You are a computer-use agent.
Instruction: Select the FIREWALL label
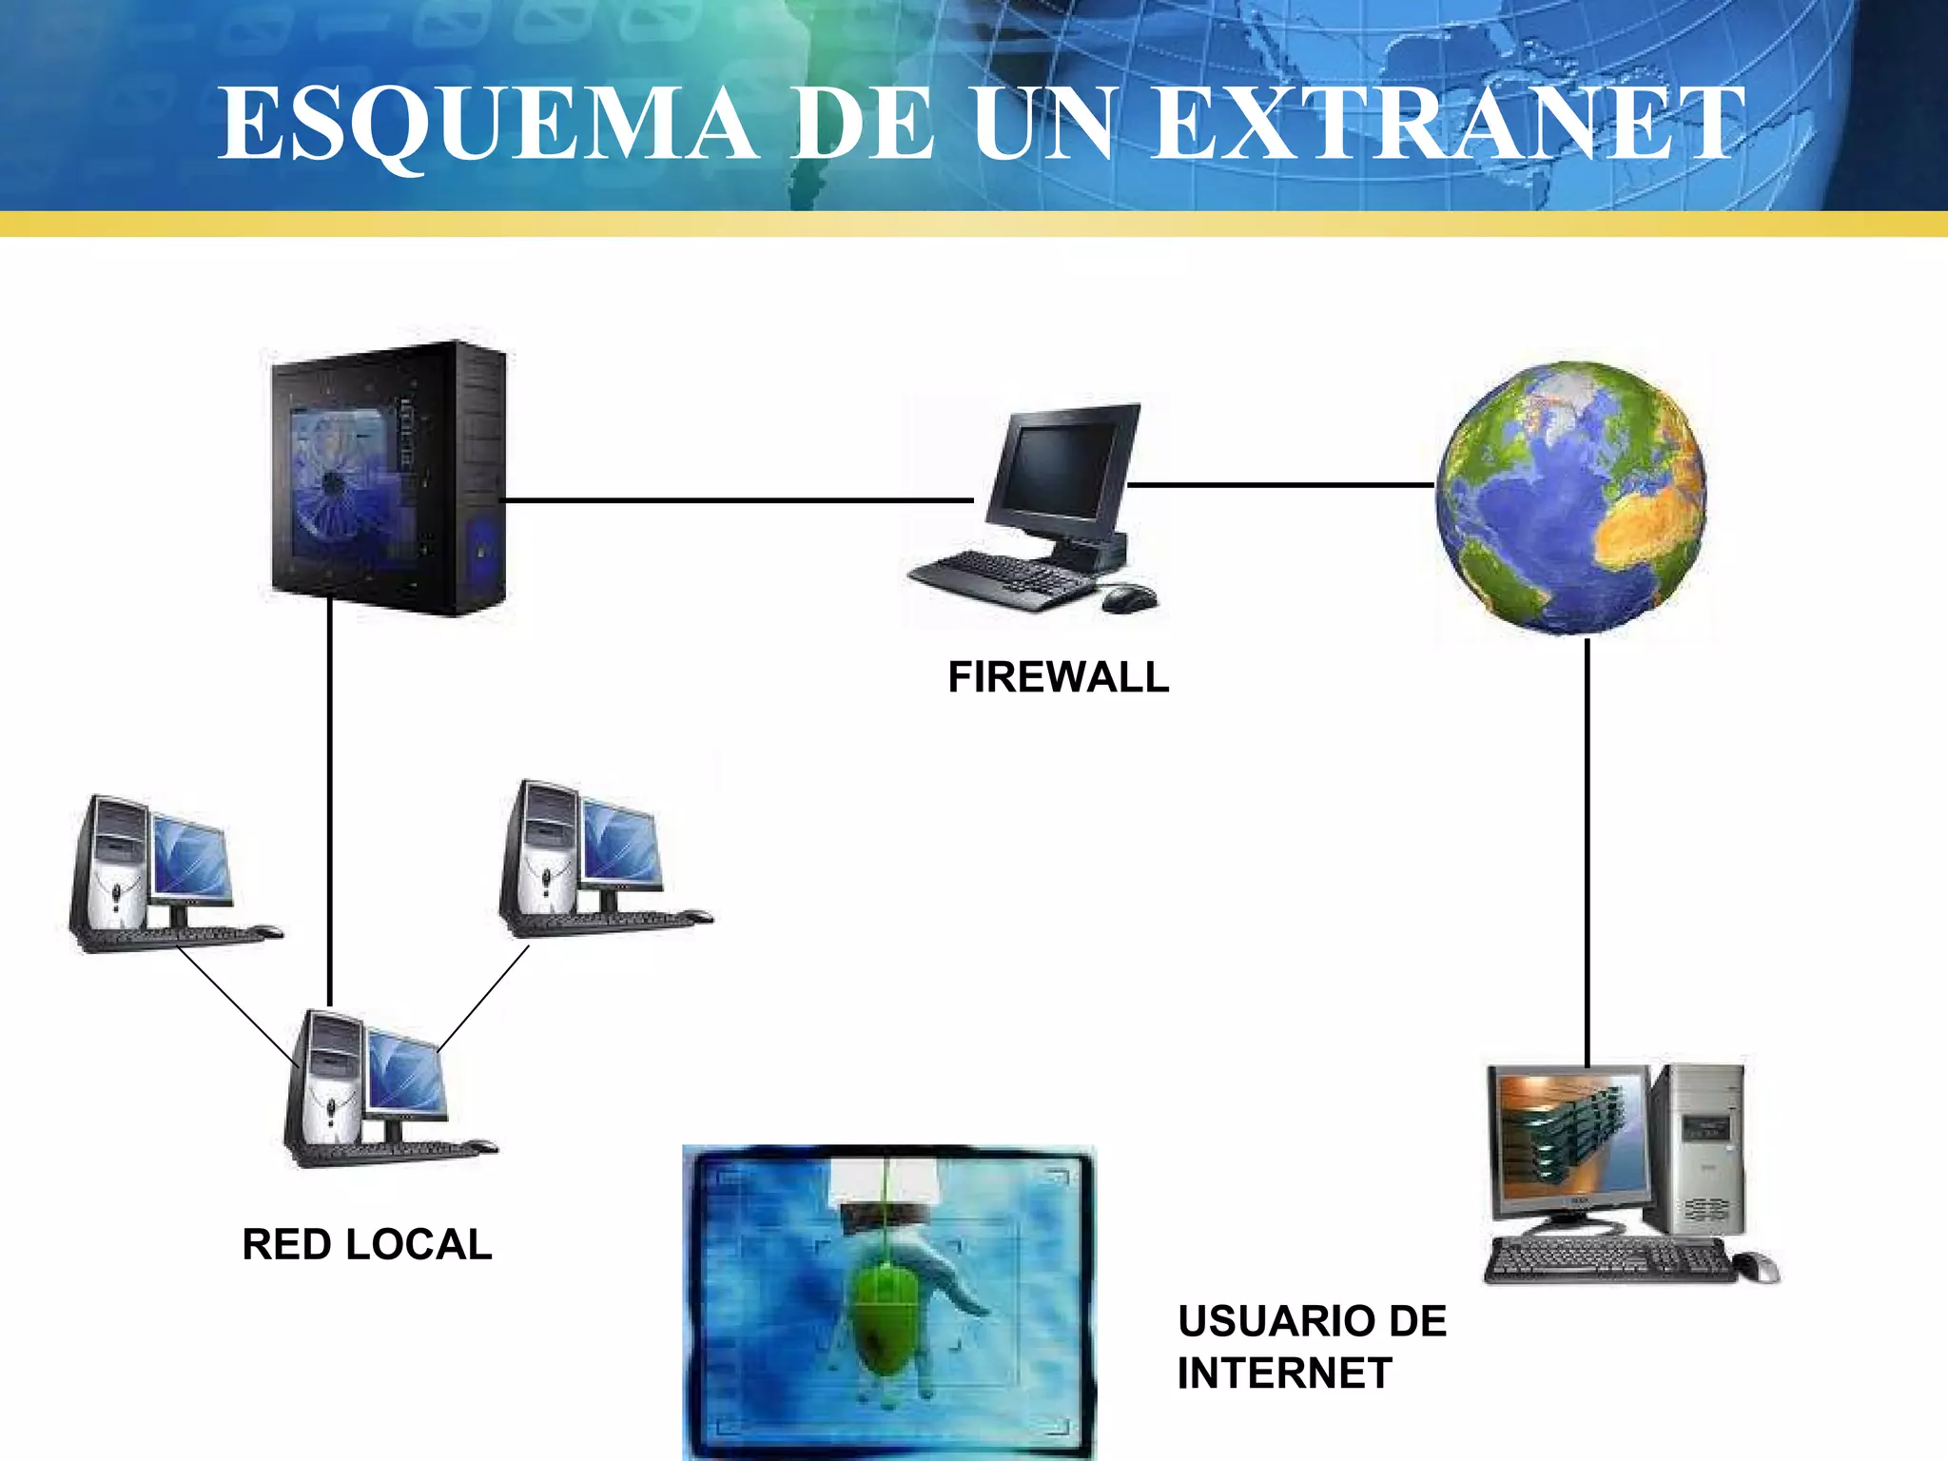pyautogui.click(x=1059, y=677)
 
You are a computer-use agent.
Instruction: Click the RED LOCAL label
pyautogui.click(x=367, y=1244)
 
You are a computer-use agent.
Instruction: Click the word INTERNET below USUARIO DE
pyautogui.click(x=1284, y=1373)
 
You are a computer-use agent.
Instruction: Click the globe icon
pyautogui.click(x=1571, y=497)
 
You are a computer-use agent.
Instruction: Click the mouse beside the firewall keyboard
pyautogui.click(x=1129, y=598)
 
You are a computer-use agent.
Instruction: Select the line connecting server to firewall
pyautogui.click(x=738, y=499)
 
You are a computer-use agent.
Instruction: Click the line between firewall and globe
pyautogui.click(x=1280, y=485)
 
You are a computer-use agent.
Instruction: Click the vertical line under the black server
pyautogui.click(x=330, y=799)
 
